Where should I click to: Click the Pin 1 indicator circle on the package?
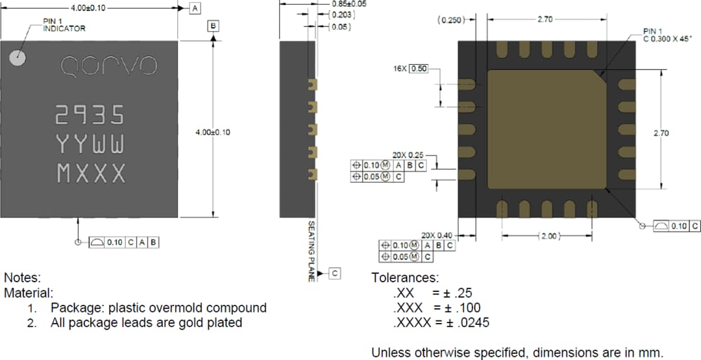[18, 58]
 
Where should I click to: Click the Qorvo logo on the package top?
[108, 65]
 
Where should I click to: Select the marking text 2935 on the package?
[90, 115]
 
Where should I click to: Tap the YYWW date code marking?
[90, 144]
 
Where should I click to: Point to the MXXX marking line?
[91, 173]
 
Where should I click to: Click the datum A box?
[195, 8]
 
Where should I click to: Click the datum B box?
[213, 26]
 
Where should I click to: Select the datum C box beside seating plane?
[334, 274]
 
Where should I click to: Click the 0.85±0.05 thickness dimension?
[349, 3]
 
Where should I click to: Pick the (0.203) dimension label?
[342, 14]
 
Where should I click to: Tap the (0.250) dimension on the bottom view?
[452, 20]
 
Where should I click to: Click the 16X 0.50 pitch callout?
[411, 69]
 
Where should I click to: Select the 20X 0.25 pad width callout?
[408, 156]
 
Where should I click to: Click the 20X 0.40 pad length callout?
[436, 235]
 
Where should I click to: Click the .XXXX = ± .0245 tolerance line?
[441, 322]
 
